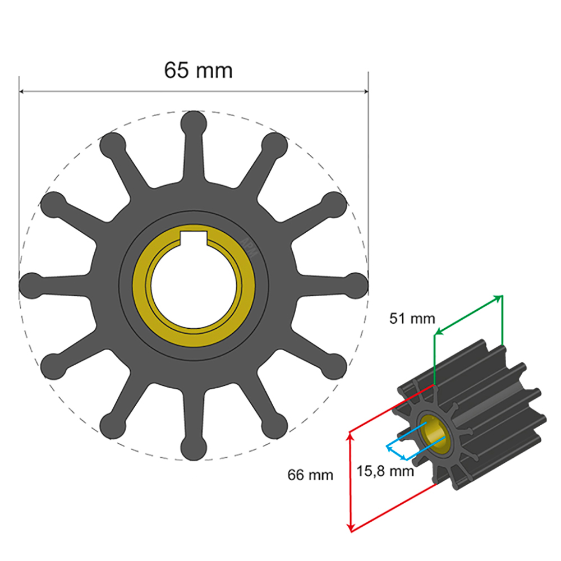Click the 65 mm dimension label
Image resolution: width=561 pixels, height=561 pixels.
point(198,70)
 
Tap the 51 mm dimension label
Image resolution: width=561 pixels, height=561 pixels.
point(412,319)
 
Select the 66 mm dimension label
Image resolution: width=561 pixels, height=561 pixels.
point(310,475)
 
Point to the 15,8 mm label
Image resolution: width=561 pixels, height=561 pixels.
point(385,471)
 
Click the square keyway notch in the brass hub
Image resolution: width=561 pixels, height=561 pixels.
point(194,238)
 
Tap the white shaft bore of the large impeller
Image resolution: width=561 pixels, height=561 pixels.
point(194,286)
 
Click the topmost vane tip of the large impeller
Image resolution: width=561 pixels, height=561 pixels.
point(194,124)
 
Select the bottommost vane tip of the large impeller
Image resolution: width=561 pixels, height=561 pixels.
point(194,448)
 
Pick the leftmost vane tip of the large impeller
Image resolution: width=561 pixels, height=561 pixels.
point(32,286)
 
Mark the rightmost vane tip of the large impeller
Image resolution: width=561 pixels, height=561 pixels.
point(355,286)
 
